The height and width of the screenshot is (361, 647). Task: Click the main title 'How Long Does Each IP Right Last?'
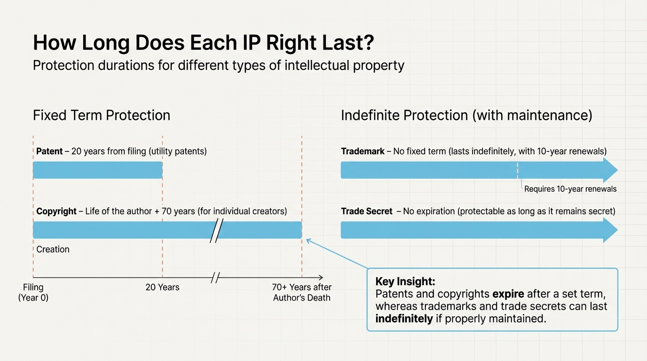click(203, 43)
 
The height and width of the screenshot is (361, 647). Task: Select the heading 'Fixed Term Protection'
click(102, 115)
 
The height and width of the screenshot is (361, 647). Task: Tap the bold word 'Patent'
click(49, 151)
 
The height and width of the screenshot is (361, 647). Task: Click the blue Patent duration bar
click(97, 170)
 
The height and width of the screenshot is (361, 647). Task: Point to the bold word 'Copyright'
click(56, 211)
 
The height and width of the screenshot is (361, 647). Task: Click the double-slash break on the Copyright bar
click(216, 230)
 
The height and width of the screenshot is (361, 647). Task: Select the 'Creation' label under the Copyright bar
click(53, 249)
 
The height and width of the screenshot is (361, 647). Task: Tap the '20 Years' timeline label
click(162, 287)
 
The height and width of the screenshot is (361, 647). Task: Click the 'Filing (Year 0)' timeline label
click(33, 292)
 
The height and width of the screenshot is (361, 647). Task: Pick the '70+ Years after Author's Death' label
click(302, 292)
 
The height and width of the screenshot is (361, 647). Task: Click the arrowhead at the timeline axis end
click(321, 277)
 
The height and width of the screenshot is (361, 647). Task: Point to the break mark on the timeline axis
click(215, 277)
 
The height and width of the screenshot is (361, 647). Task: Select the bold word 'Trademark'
click(363, 151)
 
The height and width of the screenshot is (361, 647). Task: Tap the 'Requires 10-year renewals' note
click(570, 189)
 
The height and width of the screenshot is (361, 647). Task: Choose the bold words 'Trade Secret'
click(366, 211)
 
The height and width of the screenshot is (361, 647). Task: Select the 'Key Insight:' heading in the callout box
click(405, 282)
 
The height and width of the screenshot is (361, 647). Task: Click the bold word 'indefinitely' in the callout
click(404, 319)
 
